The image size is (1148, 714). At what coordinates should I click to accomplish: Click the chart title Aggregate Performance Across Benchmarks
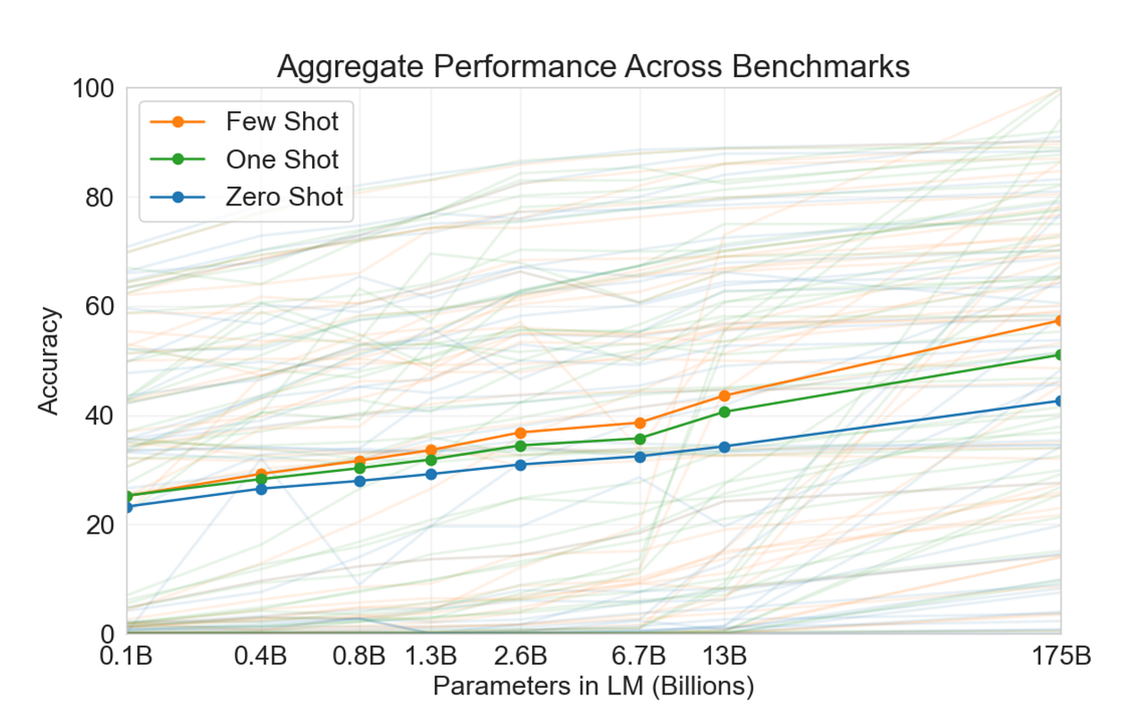[593, 66]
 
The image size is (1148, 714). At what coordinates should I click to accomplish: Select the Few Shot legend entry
[282, 121]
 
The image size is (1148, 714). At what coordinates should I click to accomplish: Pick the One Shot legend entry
[282, 160]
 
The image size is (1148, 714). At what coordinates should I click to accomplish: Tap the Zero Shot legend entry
[283, 197]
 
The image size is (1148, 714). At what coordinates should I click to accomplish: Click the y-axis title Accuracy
[49, 361]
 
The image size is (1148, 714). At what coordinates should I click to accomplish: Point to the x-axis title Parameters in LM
[593, 686]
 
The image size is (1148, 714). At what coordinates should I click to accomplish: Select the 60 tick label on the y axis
[100, 307]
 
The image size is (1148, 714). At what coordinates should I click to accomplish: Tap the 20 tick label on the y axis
[100, 525]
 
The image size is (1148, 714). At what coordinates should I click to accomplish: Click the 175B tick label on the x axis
[1060, 656]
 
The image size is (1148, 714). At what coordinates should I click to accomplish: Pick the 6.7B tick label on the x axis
[640, 656]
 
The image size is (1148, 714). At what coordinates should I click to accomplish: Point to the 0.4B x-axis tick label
[261, 656]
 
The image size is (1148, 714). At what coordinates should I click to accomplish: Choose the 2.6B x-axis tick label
[520, 656]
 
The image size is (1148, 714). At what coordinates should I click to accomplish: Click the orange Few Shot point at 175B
[1060, 320]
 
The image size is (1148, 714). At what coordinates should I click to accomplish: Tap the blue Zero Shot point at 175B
[1060, 401]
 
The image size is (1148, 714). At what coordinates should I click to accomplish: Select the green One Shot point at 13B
[724, 412]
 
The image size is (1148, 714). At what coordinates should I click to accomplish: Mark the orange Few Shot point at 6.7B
[640, 422]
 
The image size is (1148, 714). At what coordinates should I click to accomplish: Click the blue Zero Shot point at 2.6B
[520, 464]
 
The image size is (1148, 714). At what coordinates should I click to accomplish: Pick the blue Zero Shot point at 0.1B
[127, 507]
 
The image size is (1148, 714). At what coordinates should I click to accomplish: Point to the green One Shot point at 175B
[1060, 354]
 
